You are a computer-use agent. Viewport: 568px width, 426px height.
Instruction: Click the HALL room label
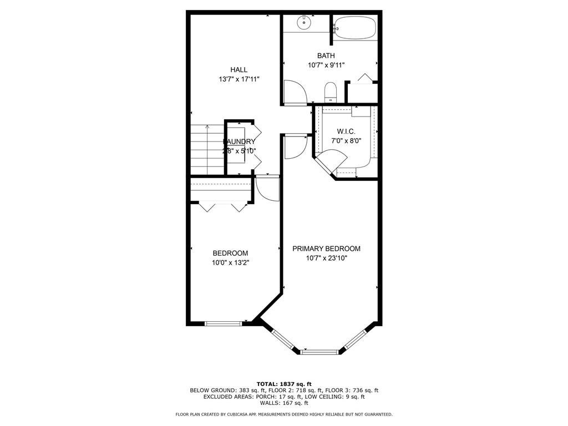(239, 70)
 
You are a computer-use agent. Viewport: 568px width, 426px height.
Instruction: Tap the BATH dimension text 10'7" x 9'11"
(326, 65)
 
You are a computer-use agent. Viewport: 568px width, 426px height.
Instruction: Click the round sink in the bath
(303, 23)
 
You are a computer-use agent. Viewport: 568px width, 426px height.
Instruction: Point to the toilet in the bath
(330, 92)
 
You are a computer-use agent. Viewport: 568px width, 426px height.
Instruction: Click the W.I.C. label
(346, 131)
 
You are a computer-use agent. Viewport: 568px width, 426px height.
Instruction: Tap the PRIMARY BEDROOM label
(326, 248)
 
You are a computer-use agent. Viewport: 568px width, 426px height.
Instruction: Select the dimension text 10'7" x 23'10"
(326, 258)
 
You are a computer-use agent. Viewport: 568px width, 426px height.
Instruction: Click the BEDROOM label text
(230, 253)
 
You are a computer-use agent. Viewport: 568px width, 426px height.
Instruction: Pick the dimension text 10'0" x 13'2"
(230, 263)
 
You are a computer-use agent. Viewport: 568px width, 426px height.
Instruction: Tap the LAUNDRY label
(240, 141)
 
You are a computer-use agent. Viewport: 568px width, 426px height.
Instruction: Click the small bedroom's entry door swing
(267, 189)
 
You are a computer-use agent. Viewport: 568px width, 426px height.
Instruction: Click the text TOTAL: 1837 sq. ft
(284, 384)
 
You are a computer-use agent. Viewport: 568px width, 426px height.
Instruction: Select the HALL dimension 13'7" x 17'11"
(239, 79)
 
